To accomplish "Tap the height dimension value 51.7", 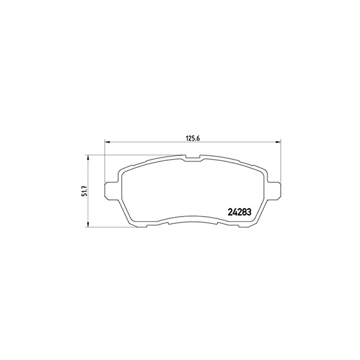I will (85, 191).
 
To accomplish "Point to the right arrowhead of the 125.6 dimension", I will (278, 142).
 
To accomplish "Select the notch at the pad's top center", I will (193, 158).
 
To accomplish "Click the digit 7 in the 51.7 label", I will (85, 185).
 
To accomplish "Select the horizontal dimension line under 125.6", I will (150, 142).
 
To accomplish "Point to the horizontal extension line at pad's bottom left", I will (111, 227).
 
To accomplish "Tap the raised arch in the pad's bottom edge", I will (193, 217).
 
